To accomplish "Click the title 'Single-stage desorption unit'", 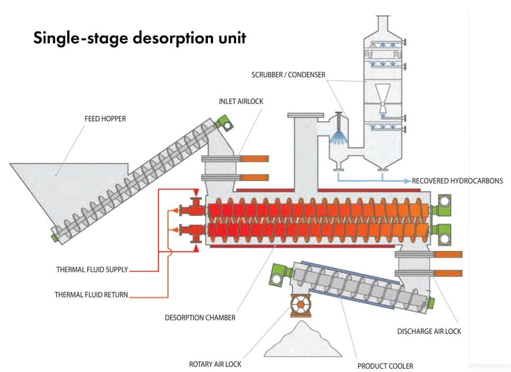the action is (139, 39).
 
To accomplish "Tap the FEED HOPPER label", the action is (105, 119).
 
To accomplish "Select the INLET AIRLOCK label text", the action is (241, 101).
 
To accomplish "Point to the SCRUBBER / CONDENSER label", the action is (288, 75).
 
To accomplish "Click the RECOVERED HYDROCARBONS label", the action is (457, 181).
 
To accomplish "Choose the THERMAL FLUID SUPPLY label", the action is (92, 270).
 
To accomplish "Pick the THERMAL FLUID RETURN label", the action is (91, 295).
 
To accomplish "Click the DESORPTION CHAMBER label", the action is (200, 318).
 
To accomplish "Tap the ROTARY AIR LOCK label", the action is (215, 364).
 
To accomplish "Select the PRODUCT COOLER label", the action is (385, 366).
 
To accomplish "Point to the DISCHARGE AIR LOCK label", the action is (429, 331).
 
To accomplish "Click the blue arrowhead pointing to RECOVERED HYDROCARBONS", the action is (408, 181).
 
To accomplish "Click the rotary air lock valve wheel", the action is (300, 304).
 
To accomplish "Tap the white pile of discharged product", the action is (303, 342).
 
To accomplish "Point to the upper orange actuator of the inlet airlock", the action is (254, 159).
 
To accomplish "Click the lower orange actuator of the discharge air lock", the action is (448, 274).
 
